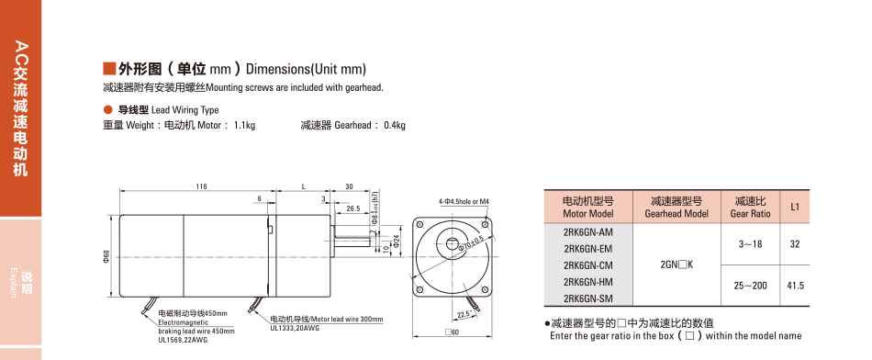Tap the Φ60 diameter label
pyautogui.click(x=106, y=256)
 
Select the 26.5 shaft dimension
pyautogui.click(x=352, y=208)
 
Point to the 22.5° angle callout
pyautogui.click(x=464, y=314)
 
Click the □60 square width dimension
pyautogui.click(x=453, y=332)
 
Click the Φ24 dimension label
pyautogui.click(x=396, y=240)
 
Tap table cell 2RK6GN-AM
pyautogui.click(x=587, y=232)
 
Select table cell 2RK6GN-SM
pyautogui.click(x=587, y=298)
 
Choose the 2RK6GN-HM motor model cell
pyautogui.click(x=587, y=282)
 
